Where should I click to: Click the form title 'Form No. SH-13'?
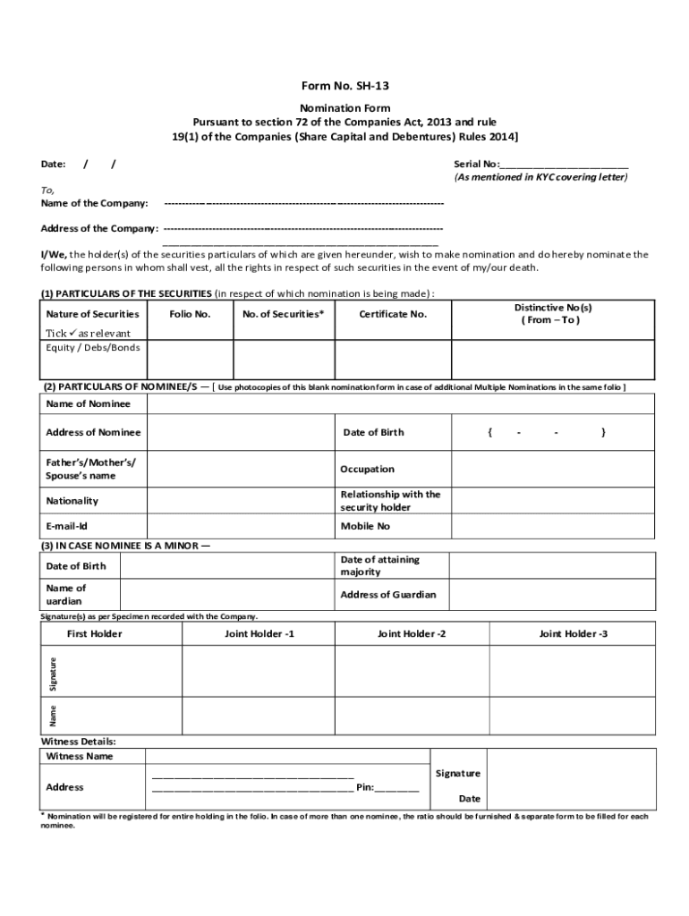click(344, 86)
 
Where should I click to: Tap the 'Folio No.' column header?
click(190, 314)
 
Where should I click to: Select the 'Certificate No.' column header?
click(393, 314)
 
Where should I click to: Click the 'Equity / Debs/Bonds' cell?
click(93, 347)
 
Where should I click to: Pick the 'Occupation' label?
click(367, 469)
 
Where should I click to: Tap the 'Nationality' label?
click(72, 501)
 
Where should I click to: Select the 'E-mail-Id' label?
click(66, 526)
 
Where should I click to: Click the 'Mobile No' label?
click(365, 526)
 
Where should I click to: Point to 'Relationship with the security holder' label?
click(390, 501)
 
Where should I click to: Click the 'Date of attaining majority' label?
click(379, 565)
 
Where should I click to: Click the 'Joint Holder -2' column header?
click(412, 634)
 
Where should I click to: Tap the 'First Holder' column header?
click(95, 634)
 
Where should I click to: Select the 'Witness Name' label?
click(80, 756)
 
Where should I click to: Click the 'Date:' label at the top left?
click(54, 165)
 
